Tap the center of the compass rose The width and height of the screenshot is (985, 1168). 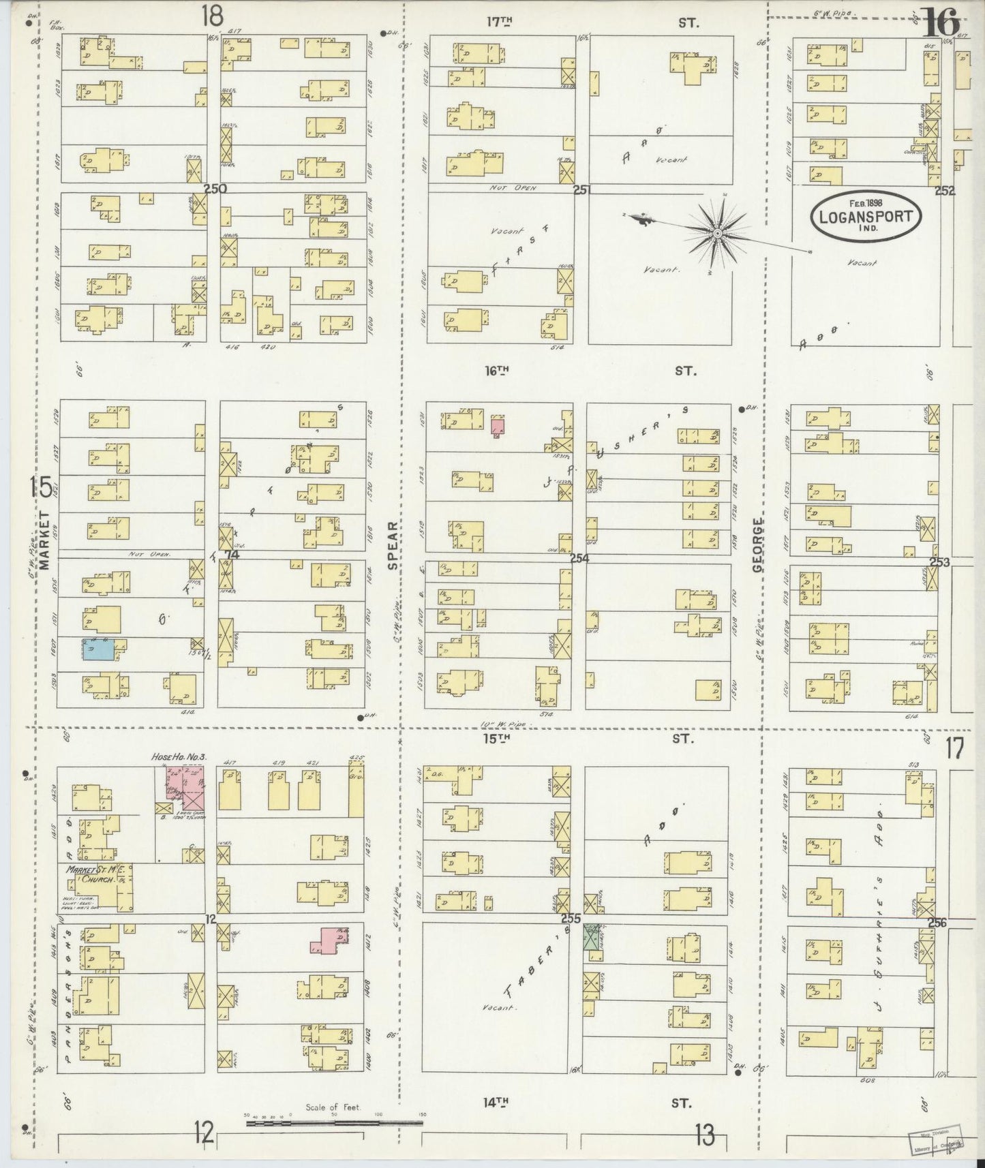(717, 234)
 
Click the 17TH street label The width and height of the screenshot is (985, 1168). (499, 22)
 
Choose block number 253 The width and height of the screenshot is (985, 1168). (940, 562)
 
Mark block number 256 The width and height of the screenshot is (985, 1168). (937, 923)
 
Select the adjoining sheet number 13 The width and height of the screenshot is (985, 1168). (704, 1135)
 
